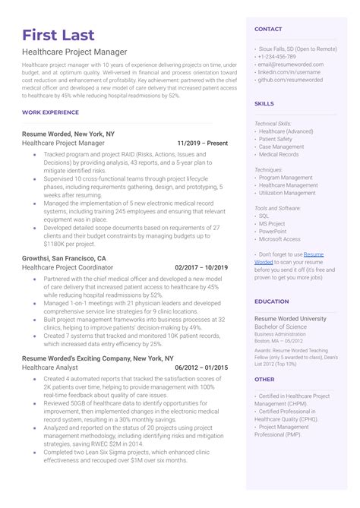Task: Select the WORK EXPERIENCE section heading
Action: [x=50, y=112]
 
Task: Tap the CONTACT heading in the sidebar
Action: [x=268, y=29]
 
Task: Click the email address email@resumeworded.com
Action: [x=291, y=65]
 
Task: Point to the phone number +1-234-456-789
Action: [x=277, y=57]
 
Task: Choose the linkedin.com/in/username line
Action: [x=289, y=71]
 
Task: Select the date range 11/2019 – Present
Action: [x=202, y=143]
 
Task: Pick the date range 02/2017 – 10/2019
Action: [x=201, y=267]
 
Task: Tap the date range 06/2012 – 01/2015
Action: [x=201, y=368]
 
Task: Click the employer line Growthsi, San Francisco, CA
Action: [x=65, y=258]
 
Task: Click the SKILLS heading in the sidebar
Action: [x=264, y=103]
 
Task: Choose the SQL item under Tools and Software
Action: [x=264, y=216]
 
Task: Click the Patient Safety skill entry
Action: [x=275, y=139]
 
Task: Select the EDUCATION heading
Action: [x=272, y=301]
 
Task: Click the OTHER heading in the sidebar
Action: [x=264, y=379]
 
